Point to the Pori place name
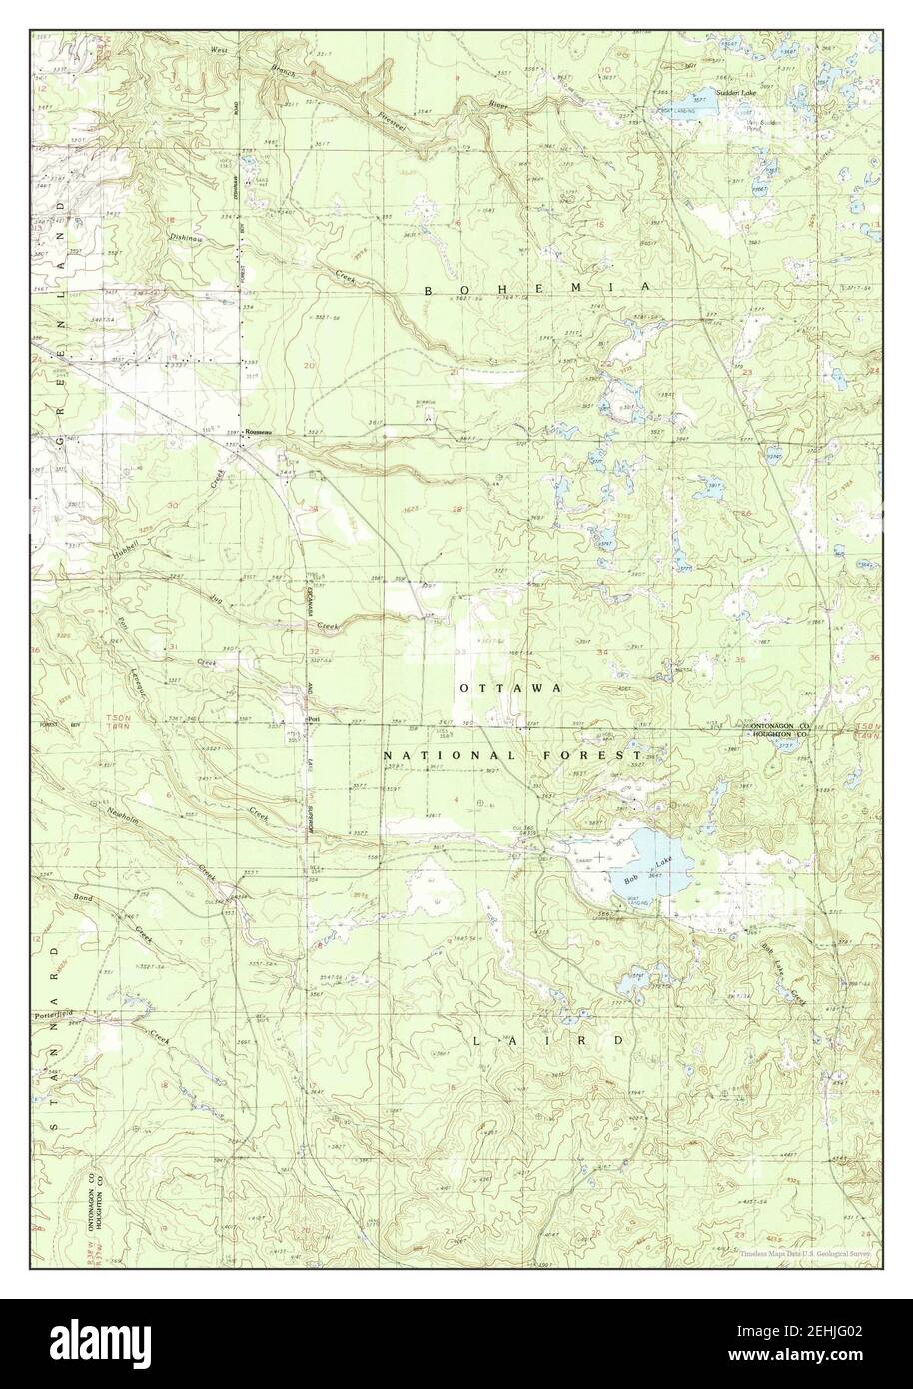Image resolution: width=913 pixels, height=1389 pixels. click(x=312, y=718)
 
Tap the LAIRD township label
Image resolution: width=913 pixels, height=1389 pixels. click(x=548, y=1040)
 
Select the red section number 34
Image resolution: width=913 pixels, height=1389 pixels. click(x=602, y=652)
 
